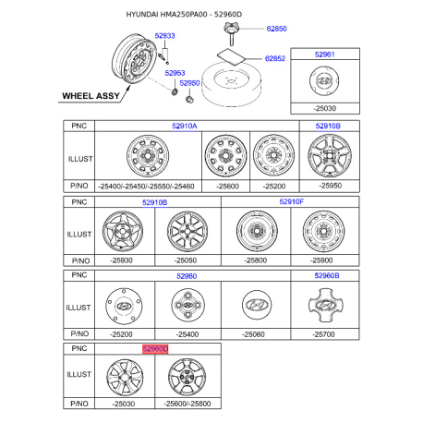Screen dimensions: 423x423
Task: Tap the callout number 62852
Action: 276,58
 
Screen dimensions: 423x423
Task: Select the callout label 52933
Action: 164,35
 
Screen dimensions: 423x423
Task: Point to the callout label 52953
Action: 175,72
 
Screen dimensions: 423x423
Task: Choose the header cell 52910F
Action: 291,199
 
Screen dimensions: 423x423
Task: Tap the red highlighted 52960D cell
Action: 155,350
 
